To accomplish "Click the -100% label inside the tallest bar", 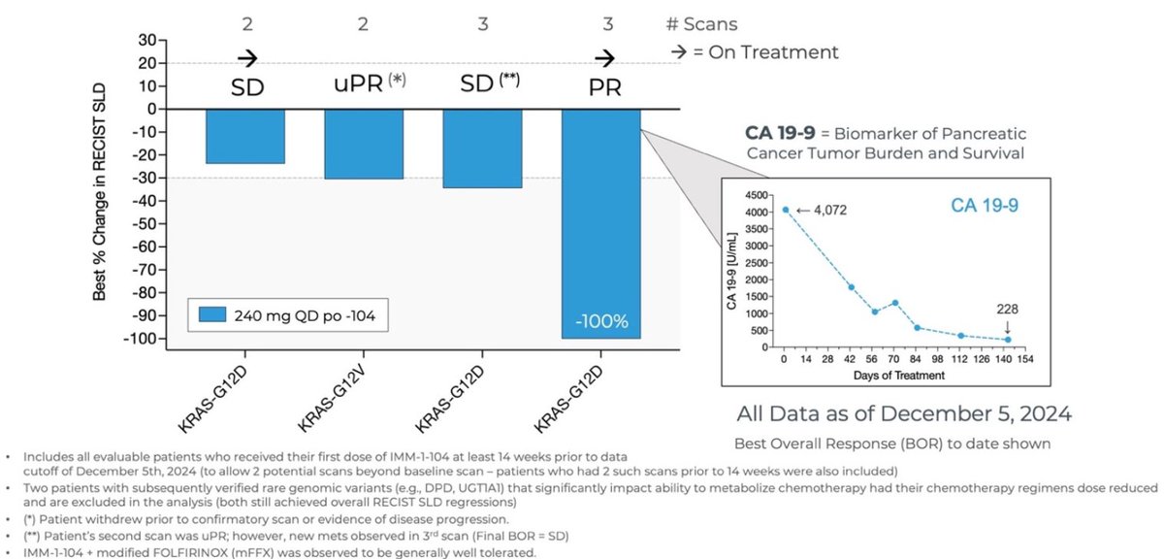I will (601, 320).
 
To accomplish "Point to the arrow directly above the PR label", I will (602, 56).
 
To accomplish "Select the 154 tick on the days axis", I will (1025, 358).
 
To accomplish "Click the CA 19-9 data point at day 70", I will (895, 303).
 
